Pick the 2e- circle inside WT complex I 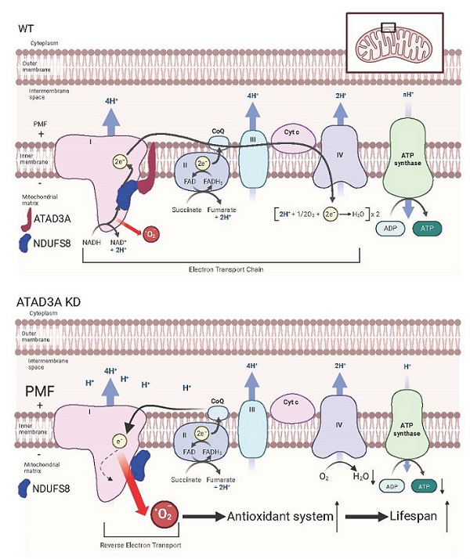[119, 162]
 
